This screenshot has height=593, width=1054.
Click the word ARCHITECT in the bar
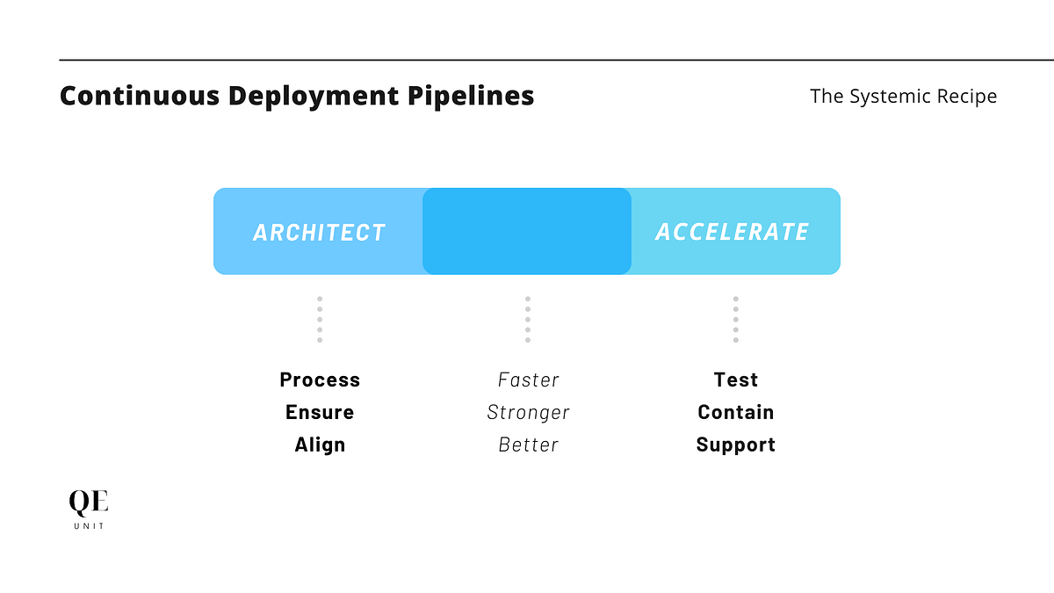pyautogui.click(x=319, y=232)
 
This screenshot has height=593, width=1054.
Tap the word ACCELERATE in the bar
pyautogui.click(x=732, y=232)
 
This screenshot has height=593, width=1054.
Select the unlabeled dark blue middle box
pyautogui.click(x=527, y=231)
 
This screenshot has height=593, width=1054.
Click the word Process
pyautogui.click(x=320, y=380)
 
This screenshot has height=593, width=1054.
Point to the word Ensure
pyautogui.click(x=320, y=412)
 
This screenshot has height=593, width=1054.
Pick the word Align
pyautogui.click(x=320, y=445)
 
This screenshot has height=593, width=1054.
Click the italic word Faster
pyautogui.click(x=528, y=380)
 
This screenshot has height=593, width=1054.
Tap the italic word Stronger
pyautogui.click(x=528, y=412)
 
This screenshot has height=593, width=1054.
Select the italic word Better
pyautogui.click(x=528, y=445)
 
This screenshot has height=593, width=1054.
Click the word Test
pyautogui.click(x=735, y=380)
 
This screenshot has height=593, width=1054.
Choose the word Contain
pyautogui.click(x=735, y=412)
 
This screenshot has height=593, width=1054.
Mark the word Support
pyautogui.click(x=735, y=445)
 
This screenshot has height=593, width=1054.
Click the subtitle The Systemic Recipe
pyautogui.click(x=903, y=96)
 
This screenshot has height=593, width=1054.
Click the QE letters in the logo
pyautogui.click(x=89, y=503)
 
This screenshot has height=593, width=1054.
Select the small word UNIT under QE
pyautogui.click(x=89, y=525)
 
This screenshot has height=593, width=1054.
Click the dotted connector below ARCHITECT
pyautogui.click(x=320, y=319)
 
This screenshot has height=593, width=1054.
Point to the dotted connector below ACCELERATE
pyautogui.click(x=735, y=319)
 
